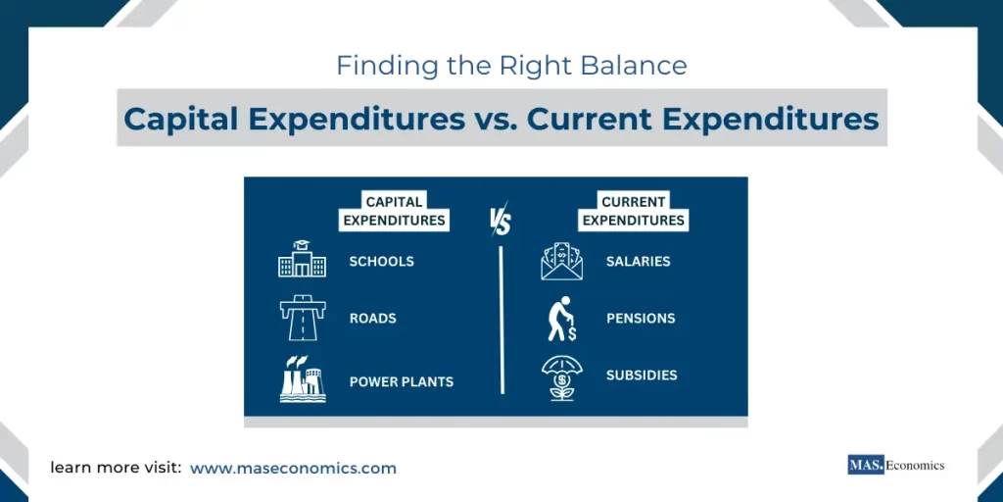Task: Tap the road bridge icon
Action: (x=302, y=318)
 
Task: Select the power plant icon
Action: (x=302, y=379)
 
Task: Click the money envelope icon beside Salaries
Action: (x=561, y=262)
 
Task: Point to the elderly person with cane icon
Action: (x=561, y=319)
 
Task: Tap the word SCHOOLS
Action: (x=381, y=262)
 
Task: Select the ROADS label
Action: (x=372, y=319)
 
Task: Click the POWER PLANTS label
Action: (x=401, y=381)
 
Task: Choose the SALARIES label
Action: (x=638, y=262)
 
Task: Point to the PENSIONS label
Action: (x=641, y=319)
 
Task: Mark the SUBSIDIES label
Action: (x=642, y=376)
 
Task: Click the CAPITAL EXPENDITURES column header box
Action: (x=394, y=211)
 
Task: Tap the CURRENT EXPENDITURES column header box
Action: (x=634, y=211)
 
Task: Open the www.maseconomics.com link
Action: (x=293, y=469)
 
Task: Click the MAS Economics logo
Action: (x=895, y=466)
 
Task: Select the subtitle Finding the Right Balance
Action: (x=511, y=66)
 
